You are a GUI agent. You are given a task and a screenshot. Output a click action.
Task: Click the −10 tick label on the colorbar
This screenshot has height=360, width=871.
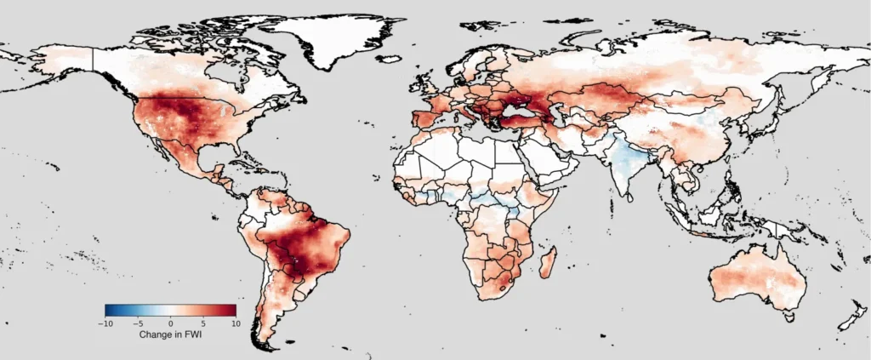point(105,324)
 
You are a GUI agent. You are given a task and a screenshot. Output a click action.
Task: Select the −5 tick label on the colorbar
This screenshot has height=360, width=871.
point(137,324)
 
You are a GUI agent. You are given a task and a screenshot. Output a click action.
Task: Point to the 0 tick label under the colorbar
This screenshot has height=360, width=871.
point(170,324)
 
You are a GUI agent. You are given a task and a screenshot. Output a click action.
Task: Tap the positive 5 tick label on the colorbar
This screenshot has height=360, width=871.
point(203,324)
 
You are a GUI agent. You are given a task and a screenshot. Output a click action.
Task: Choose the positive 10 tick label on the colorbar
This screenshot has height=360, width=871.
point(235,324)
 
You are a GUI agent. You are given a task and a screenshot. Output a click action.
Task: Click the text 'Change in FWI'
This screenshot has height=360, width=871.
point(170,335)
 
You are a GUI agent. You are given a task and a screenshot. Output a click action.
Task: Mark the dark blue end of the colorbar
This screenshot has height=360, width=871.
point(108,311)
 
